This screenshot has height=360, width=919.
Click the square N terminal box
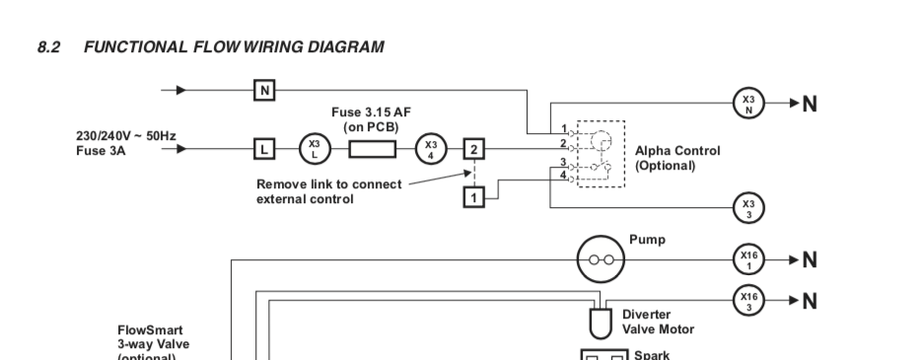point(264,91)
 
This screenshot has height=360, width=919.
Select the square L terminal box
point(264,149)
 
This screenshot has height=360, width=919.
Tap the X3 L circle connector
point(315,149)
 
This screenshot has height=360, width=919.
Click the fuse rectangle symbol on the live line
point(372,149)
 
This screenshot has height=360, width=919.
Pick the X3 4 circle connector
point(431,149)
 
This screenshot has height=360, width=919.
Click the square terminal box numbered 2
point(474,149)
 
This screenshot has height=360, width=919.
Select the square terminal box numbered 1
point(474,197)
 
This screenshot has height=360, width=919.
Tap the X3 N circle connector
point(749,104)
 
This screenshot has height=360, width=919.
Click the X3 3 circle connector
point(749,207)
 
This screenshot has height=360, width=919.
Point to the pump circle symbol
point(601,259)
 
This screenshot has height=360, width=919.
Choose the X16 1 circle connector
point(749,259)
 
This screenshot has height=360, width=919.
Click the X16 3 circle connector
point(749,301)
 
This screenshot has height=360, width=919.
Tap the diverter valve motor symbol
point(601,324)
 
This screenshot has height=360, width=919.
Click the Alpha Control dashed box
point(577,154)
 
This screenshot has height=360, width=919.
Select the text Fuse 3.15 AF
point(371,112)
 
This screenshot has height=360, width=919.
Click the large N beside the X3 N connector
point(810,104)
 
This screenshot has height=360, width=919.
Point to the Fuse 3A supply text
point(101,151)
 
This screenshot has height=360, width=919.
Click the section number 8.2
point(49,47)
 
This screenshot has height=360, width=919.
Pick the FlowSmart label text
point(150,330)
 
